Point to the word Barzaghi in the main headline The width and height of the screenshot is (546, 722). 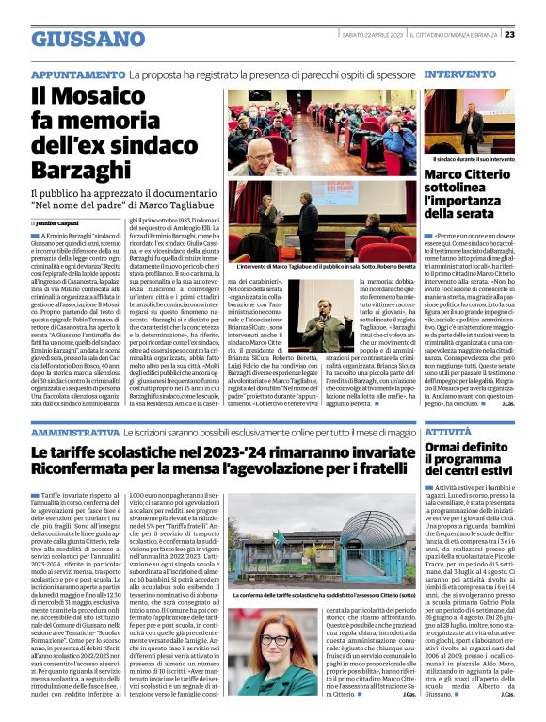point(83,170)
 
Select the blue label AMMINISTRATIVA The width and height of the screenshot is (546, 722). point(75,432)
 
